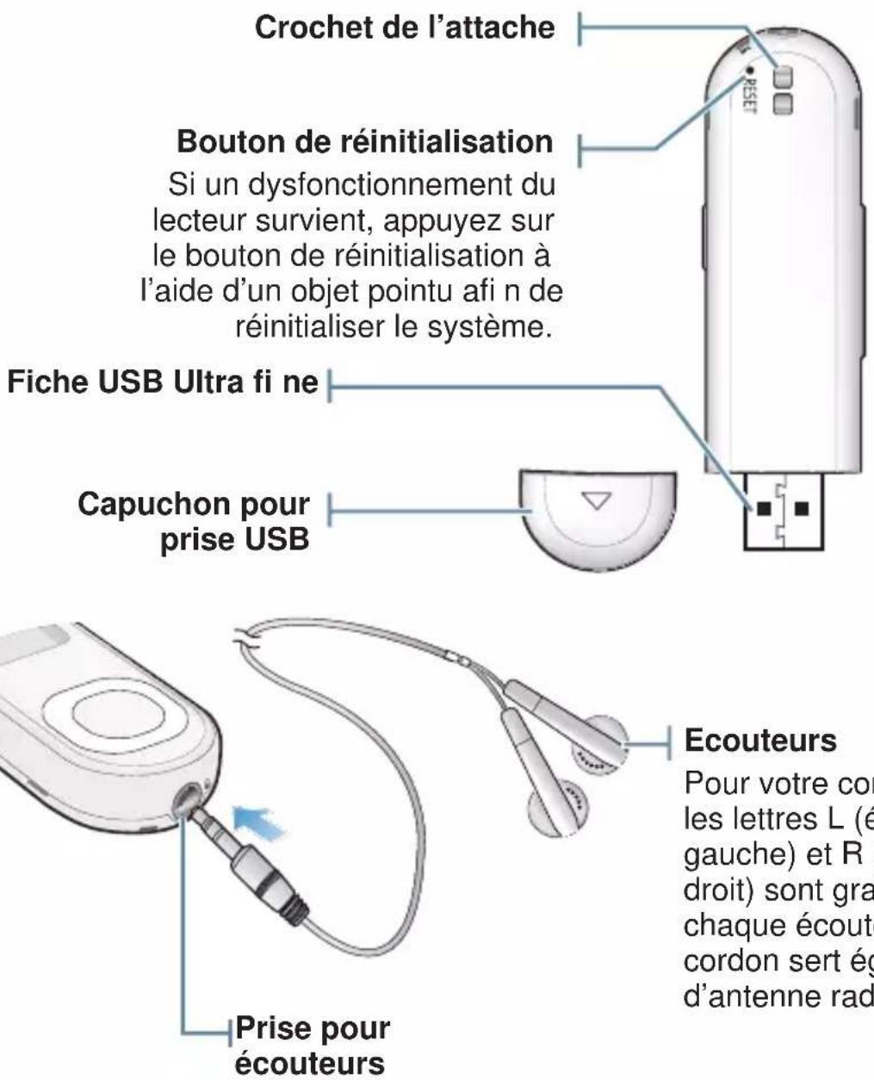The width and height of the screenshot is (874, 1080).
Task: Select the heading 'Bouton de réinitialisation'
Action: tap(364, 141)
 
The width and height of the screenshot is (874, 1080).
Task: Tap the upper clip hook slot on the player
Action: tap(782, 77)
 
